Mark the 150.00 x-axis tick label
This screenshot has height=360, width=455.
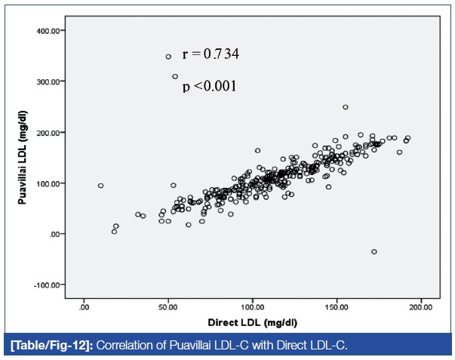point(336,307)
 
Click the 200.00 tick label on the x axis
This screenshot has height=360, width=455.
point(420,307)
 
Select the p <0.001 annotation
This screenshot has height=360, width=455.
point(209,87)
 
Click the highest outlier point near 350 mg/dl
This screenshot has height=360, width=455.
point(168,57)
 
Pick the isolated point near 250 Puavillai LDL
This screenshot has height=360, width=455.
point(345,107)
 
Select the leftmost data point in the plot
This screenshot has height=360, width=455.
point(100,186)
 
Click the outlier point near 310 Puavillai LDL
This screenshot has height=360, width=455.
point(175,76)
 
